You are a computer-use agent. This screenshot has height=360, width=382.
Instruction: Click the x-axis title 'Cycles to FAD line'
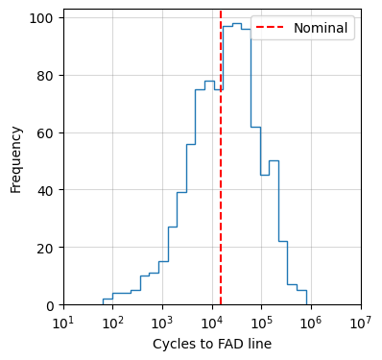(212, 344)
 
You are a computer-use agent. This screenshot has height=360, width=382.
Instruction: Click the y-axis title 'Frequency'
(16, 157)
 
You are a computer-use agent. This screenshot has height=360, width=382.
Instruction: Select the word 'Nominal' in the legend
(320, 28)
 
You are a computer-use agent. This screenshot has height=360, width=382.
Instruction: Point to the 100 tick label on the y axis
(44, 18)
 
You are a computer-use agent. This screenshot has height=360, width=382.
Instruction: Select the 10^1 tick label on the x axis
(63, 321)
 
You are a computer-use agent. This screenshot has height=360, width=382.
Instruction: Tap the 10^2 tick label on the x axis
(113, 321)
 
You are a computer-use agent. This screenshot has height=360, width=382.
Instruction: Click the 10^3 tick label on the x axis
(163, 321)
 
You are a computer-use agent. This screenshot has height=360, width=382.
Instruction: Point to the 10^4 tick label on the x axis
(212, 321)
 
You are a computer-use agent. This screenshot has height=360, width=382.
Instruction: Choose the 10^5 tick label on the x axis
(262, 321)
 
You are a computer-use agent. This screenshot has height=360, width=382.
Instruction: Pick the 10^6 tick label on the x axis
(312, 321)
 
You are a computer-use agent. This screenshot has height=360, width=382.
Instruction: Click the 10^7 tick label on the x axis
(362, 321)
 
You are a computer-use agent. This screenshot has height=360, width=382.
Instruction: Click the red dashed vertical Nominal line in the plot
(221, 192)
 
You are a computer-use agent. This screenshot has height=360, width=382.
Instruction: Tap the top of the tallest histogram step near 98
(236, 24)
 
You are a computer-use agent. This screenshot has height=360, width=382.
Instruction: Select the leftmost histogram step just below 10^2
(107, 300)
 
